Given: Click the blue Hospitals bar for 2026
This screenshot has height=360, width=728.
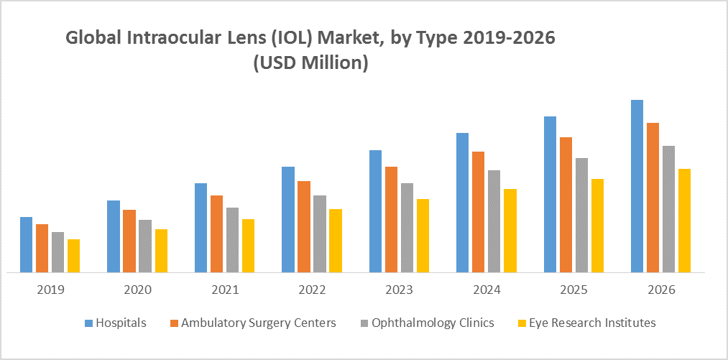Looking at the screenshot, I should coord(637,186).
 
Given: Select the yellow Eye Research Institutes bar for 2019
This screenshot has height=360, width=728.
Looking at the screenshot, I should coord(73,256).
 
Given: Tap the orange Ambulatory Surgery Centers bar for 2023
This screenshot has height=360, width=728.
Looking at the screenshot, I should coord(391,219).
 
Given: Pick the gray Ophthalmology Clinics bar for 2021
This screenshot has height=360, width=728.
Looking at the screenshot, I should coord(232,240).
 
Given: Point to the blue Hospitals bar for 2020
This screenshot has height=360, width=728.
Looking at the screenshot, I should coord(114,236).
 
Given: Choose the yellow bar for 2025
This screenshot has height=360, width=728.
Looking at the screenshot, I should coord(597,226).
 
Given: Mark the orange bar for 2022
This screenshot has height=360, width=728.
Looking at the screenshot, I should coord(304,226).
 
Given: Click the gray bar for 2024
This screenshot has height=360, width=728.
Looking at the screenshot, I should coord(494,221).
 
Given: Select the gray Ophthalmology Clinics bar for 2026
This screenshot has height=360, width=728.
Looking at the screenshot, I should coord(668,209).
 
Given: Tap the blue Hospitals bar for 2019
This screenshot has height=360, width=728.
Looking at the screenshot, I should coord(26,244).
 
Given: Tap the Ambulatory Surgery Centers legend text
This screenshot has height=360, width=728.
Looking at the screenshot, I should coord(258,323).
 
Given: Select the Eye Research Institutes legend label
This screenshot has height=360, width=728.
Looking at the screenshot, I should coord(592,323).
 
